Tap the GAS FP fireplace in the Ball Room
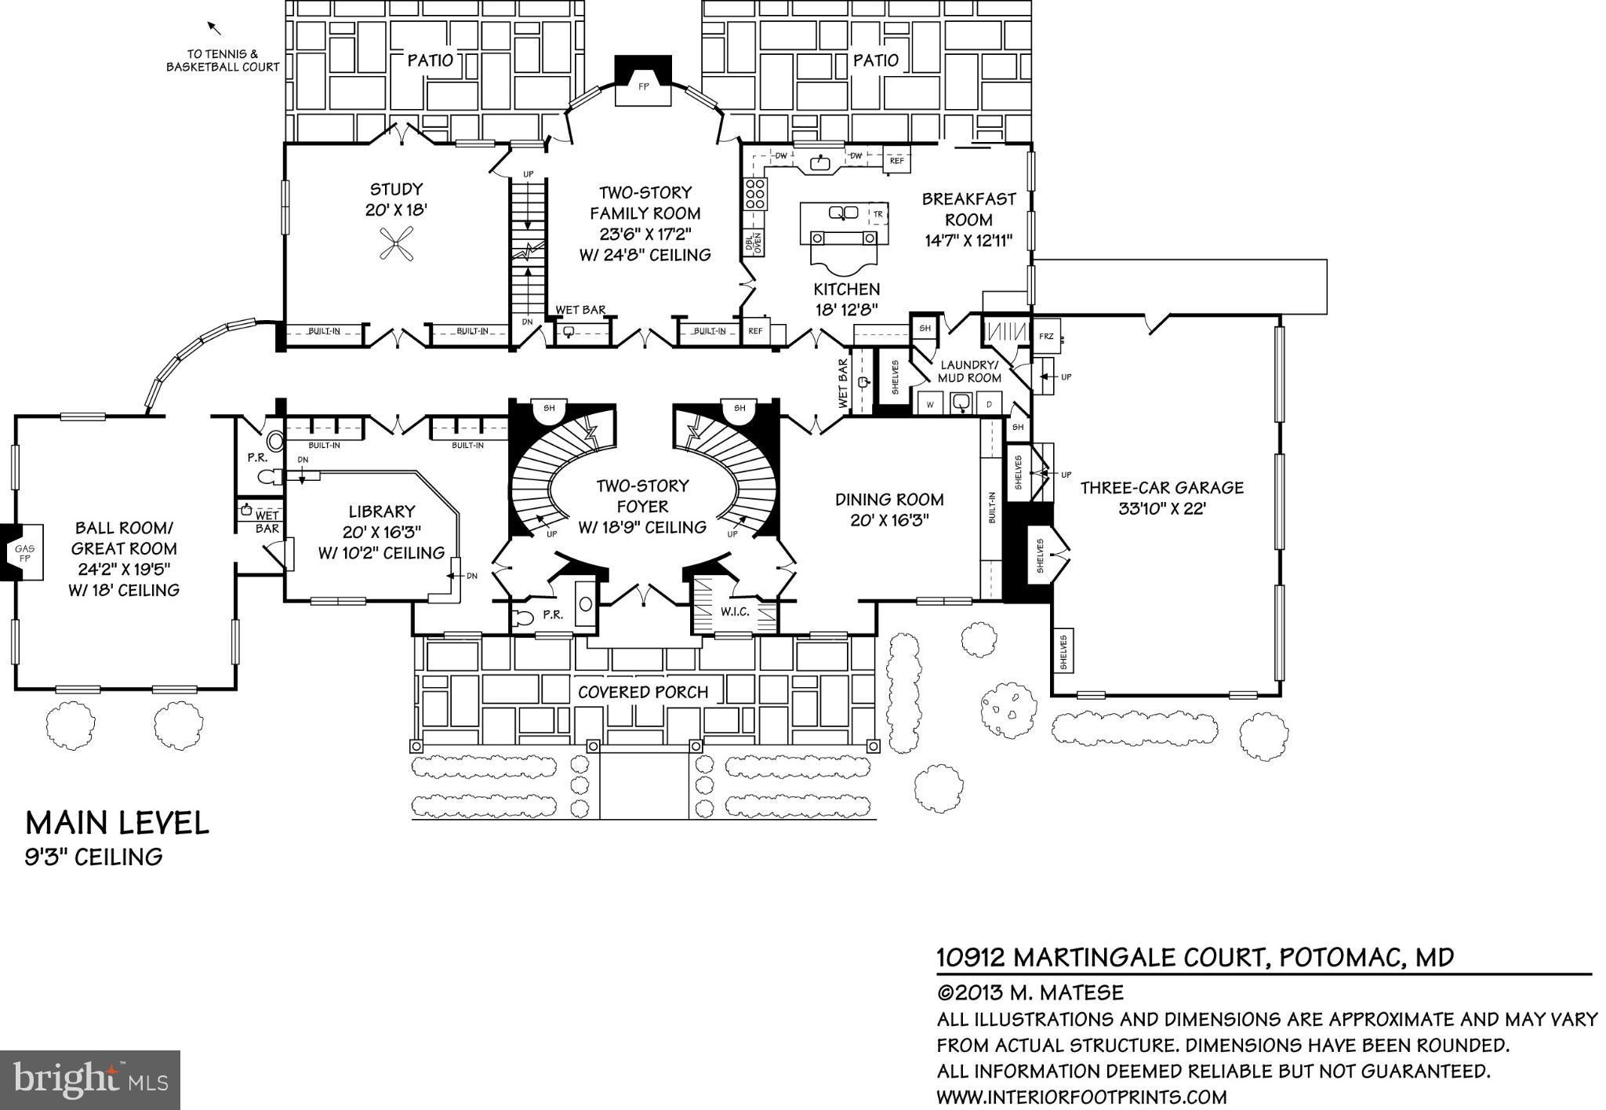tap(24, 553)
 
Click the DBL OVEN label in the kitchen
tap(753, 243)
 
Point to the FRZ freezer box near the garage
tap(1046, 336)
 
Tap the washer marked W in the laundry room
tap(931, 404)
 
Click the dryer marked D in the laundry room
tap(990, 404)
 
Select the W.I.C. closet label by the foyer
tap(735, 610)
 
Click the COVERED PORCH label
tap(643, 692)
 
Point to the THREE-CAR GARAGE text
tap(1161, 488)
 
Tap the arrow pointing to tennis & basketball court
tap(213, 28)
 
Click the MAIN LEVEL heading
tap(118, 823)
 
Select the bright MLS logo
tap(90, 1079)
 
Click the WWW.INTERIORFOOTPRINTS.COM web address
tap(1081, 1096)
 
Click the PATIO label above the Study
tap(430, 60)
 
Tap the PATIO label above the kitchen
tap(875, 60)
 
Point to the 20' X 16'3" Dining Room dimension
tap(889, 520)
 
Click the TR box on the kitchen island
tap(878, 213)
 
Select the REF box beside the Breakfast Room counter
tap(896, 160)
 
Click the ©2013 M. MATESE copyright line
tap(1030, 992)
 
